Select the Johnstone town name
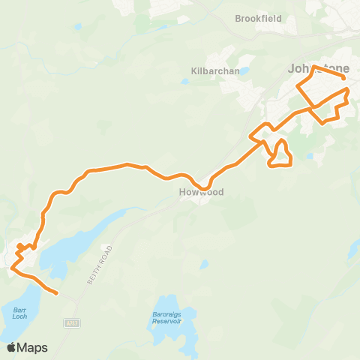tap(318, 69)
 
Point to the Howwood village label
tap(201, 192)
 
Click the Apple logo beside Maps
tap(11, 347)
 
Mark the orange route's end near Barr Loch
tap(57, 292)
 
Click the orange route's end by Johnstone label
tap(343, 77)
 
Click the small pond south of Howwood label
tap(204, 264)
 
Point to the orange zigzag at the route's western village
tap(22, 251)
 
